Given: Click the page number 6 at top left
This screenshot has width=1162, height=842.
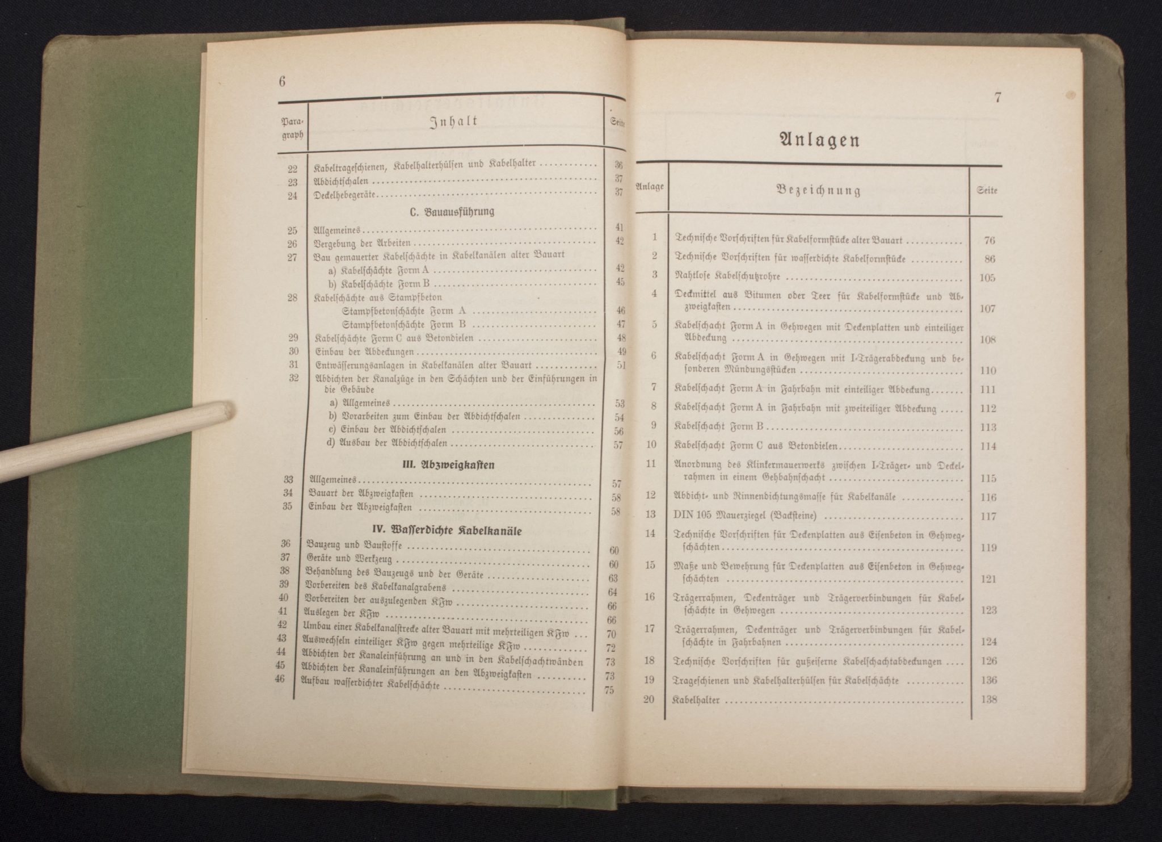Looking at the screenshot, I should (x=282, y=81).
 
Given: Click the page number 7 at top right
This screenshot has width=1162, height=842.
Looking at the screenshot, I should (x=997, y=98).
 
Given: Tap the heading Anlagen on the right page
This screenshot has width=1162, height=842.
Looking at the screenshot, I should (x=819, y=140).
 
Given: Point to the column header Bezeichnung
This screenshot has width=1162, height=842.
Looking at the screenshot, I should (x=819, y=190).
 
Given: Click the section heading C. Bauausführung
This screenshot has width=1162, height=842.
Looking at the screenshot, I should (x=452, y=212).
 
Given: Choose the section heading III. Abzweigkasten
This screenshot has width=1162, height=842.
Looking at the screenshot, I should (x=444, y=465).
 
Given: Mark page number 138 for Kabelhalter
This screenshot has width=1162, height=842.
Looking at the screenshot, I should (x=988, y=699).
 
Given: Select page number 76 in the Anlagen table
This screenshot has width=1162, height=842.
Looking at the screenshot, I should (x=988, y=240).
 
